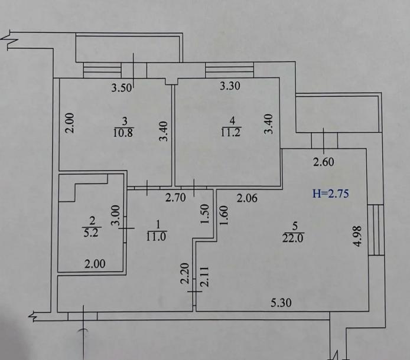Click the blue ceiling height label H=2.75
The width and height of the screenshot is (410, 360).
tap(330, 194)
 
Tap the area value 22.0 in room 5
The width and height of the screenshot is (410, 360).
tap(293, 238)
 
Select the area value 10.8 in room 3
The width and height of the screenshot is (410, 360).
tap(123, 133)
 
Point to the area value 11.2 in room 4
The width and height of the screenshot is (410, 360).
tap(231, 132)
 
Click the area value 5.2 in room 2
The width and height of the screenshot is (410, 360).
tap(91, 233)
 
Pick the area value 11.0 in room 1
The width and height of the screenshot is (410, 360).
tap(156, 236)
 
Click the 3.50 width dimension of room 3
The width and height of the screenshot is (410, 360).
tap(122, 87)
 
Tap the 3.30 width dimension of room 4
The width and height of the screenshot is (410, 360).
tap(230, 86)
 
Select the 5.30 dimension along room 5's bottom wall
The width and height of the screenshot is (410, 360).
tap(281, 303)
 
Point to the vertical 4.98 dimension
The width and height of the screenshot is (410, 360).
tap(357, 236)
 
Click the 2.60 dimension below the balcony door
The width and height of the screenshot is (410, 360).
tap(324, 162)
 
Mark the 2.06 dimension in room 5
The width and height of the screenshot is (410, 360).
tap(247, 198)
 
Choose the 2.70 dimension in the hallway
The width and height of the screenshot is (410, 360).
tap(175, 198)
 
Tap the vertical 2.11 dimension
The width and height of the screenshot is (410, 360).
tap(204, 277)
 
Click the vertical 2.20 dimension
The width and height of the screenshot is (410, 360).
tap(185, 273)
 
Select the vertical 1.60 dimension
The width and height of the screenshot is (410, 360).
tap(224, 215)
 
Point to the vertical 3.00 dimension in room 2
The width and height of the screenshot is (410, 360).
tap(115, 215)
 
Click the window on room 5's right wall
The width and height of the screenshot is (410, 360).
tap(376, 230)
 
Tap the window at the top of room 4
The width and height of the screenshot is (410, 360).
tap(230, 70)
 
